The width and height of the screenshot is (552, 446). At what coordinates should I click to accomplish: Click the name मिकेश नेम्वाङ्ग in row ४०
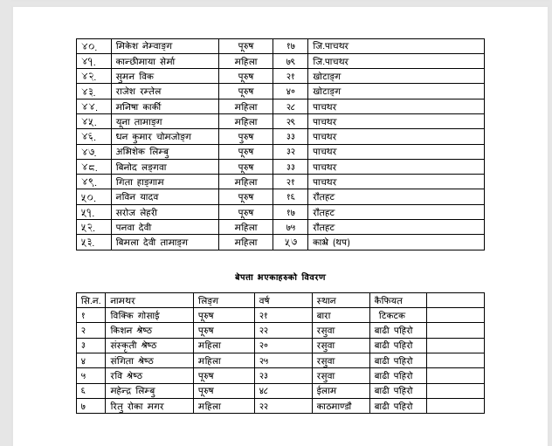144,46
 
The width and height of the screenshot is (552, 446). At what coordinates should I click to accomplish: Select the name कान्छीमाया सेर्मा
146,61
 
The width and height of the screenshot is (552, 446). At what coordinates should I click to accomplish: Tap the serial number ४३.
88,92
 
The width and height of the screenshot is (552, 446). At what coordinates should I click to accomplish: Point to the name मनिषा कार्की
139,106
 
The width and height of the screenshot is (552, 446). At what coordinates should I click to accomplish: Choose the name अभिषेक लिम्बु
142,152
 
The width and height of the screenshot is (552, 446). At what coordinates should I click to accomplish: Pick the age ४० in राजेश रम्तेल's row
290,92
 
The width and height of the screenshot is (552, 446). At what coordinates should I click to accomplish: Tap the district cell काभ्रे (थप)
331,243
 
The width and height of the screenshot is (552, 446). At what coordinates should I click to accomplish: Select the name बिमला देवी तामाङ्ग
151,243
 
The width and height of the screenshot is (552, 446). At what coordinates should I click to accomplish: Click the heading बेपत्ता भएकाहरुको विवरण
279,277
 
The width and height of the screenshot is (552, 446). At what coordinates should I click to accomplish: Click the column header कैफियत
388,300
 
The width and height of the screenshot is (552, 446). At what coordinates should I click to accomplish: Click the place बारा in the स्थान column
323,315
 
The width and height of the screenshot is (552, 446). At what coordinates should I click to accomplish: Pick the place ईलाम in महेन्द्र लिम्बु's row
326,391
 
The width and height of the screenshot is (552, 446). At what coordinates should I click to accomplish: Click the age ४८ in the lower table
263,391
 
